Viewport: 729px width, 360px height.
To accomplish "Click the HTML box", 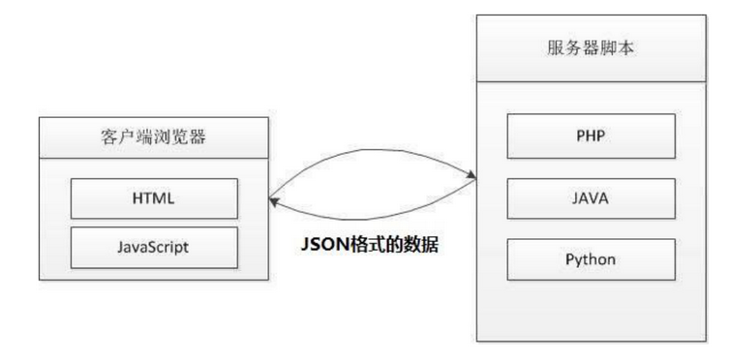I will [x=153, y=197].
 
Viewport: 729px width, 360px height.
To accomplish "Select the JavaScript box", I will [x=153, y=246].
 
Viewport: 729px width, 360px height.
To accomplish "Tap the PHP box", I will [x=590, y=135].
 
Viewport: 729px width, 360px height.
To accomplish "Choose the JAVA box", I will [x=590, y=197].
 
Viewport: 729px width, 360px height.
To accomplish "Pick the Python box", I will [x=590, y=259].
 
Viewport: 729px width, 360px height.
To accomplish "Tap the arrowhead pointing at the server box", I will [x=471, y=176].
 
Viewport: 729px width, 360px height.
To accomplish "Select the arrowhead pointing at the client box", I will [x=275, y=201].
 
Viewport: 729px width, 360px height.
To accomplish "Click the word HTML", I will [x=153, y=197].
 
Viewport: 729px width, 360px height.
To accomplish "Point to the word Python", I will [x=590, y=259].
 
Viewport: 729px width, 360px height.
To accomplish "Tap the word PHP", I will [x=590, y=135].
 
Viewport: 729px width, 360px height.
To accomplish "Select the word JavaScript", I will [x=153, y=246].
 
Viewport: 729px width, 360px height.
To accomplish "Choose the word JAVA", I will [x=590, y=197].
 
